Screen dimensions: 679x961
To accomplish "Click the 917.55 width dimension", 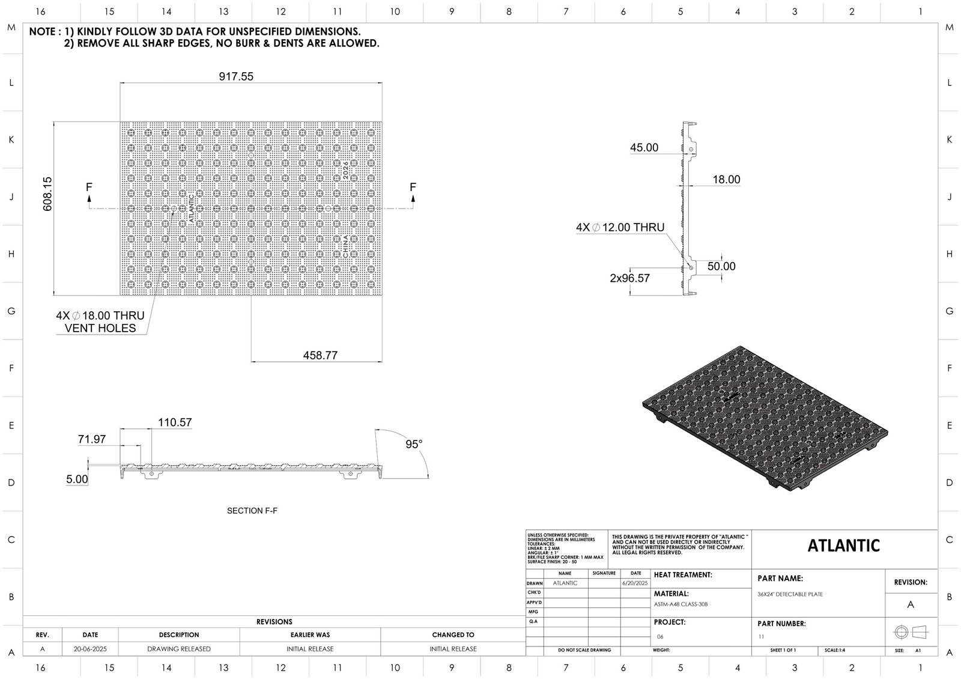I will point(238,76).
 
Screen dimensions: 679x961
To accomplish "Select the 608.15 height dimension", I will point(47,193).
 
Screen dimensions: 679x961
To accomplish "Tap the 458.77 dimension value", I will point(320,355).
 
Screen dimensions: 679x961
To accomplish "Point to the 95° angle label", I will point(414,444).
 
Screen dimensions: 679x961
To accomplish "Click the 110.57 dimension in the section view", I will point(175,422).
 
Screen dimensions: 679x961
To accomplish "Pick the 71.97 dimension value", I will point(92,439).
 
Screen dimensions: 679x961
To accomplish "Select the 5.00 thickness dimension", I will point(77,480).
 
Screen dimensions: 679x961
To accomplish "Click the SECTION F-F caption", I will point(252,511).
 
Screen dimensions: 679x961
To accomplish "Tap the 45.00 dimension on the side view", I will point(644,147).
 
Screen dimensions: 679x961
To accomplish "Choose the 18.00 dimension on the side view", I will point(726,179).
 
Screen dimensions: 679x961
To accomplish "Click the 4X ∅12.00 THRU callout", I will point(620,228).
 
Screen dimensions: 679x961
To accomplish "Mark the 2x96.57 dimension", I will point(629,278).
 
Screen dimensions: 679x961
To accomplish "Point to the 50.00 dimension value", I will point(721,266).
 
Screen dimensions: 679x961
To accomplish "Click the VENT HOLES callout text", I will point(100,328).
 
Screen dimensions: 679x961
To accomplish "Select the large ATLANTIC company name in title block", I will point(843,546).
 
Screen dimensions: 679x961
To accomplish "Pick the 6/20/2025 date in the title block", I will point(636,583).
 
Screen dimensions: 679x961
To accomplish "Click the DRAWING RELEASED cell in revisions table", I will point(179,649).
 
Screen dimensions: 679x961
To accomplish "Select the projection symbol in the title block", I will point(911,632).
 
